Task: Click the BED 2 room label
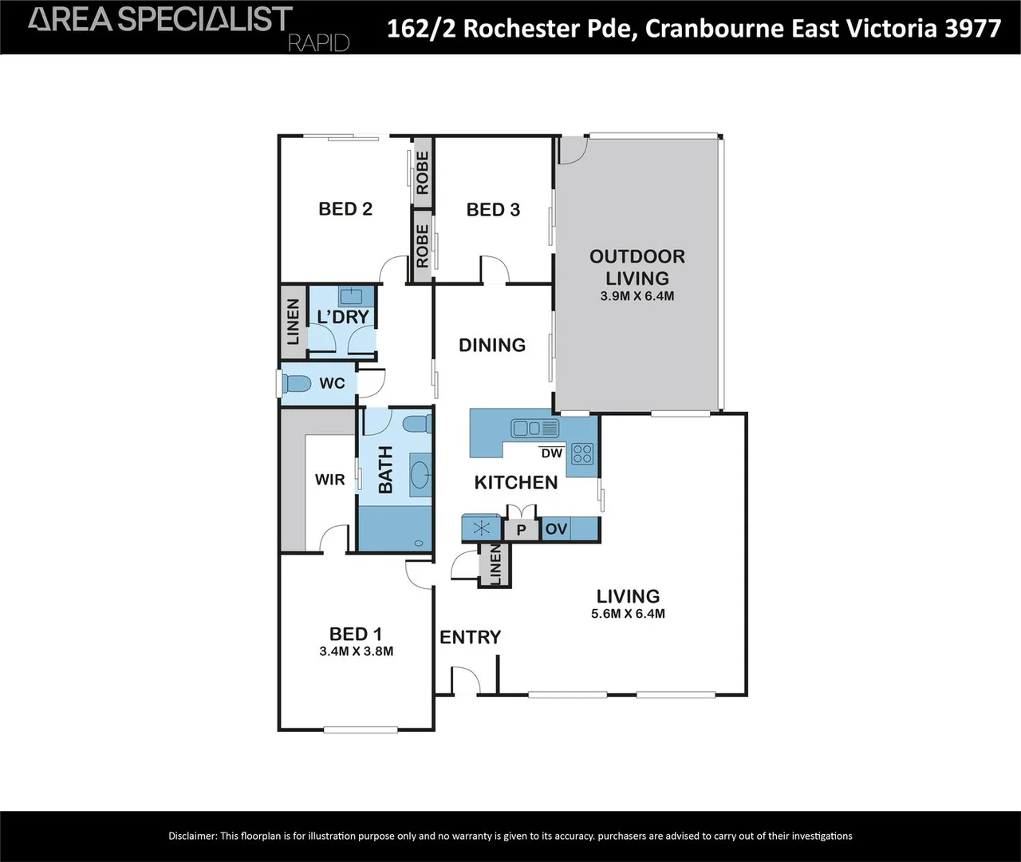click(x=345, y=209)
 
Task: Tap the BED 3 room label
click(x=493, y=210)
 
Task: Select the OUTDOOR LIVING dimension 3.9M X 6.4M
click(x=637, y=296)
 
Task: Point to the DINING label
click(x=492, y=345)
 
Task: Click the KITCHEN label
click(x=515, y=482)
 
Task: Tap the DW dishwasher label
click(x=551, y=453)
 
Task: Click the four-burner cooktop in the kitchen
click(x=582, y=453)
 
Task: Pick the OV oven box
click(x=556, y=529)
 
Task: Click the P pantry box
click(x=522, y=530)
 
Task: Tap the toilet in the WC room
click(x=297, y=384)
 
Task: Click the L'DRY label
click(x=343, y=317)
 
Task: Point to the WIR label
click(x=329, y=480)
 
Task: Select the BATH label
click(x=385, y=469)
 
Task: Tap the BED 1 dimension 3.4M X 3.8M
click(x=356, y=651)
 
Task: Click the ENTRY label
click(x=470, y=637)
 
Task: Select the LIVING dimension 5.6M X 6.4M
click(x=628, y=614)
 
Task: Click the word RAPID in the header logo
click(x=318, y=42)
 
